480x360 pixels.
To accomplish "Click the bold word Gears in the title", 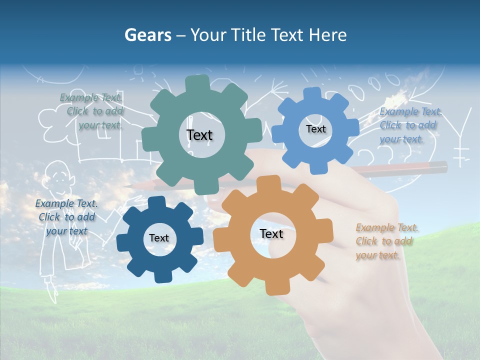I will (148, 35).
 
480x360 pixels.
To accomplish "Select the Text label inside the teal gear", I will (199, 135).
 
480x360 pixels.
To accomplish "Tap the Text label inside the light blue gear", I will (315, 129).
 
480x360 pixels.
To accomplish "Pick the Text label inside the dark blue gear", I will (159, 238).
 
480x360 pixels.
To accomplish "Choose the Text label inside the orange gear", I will (271, 233).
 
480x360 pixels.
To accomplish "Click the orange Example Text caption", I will (385, 241).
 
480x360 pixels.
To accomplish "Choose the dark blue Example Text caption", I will (66, 217).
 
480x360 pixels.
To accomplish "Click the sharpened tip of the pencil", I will (128, 186).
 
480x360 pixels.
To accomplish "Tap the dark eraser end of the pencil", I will (440, 165).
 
